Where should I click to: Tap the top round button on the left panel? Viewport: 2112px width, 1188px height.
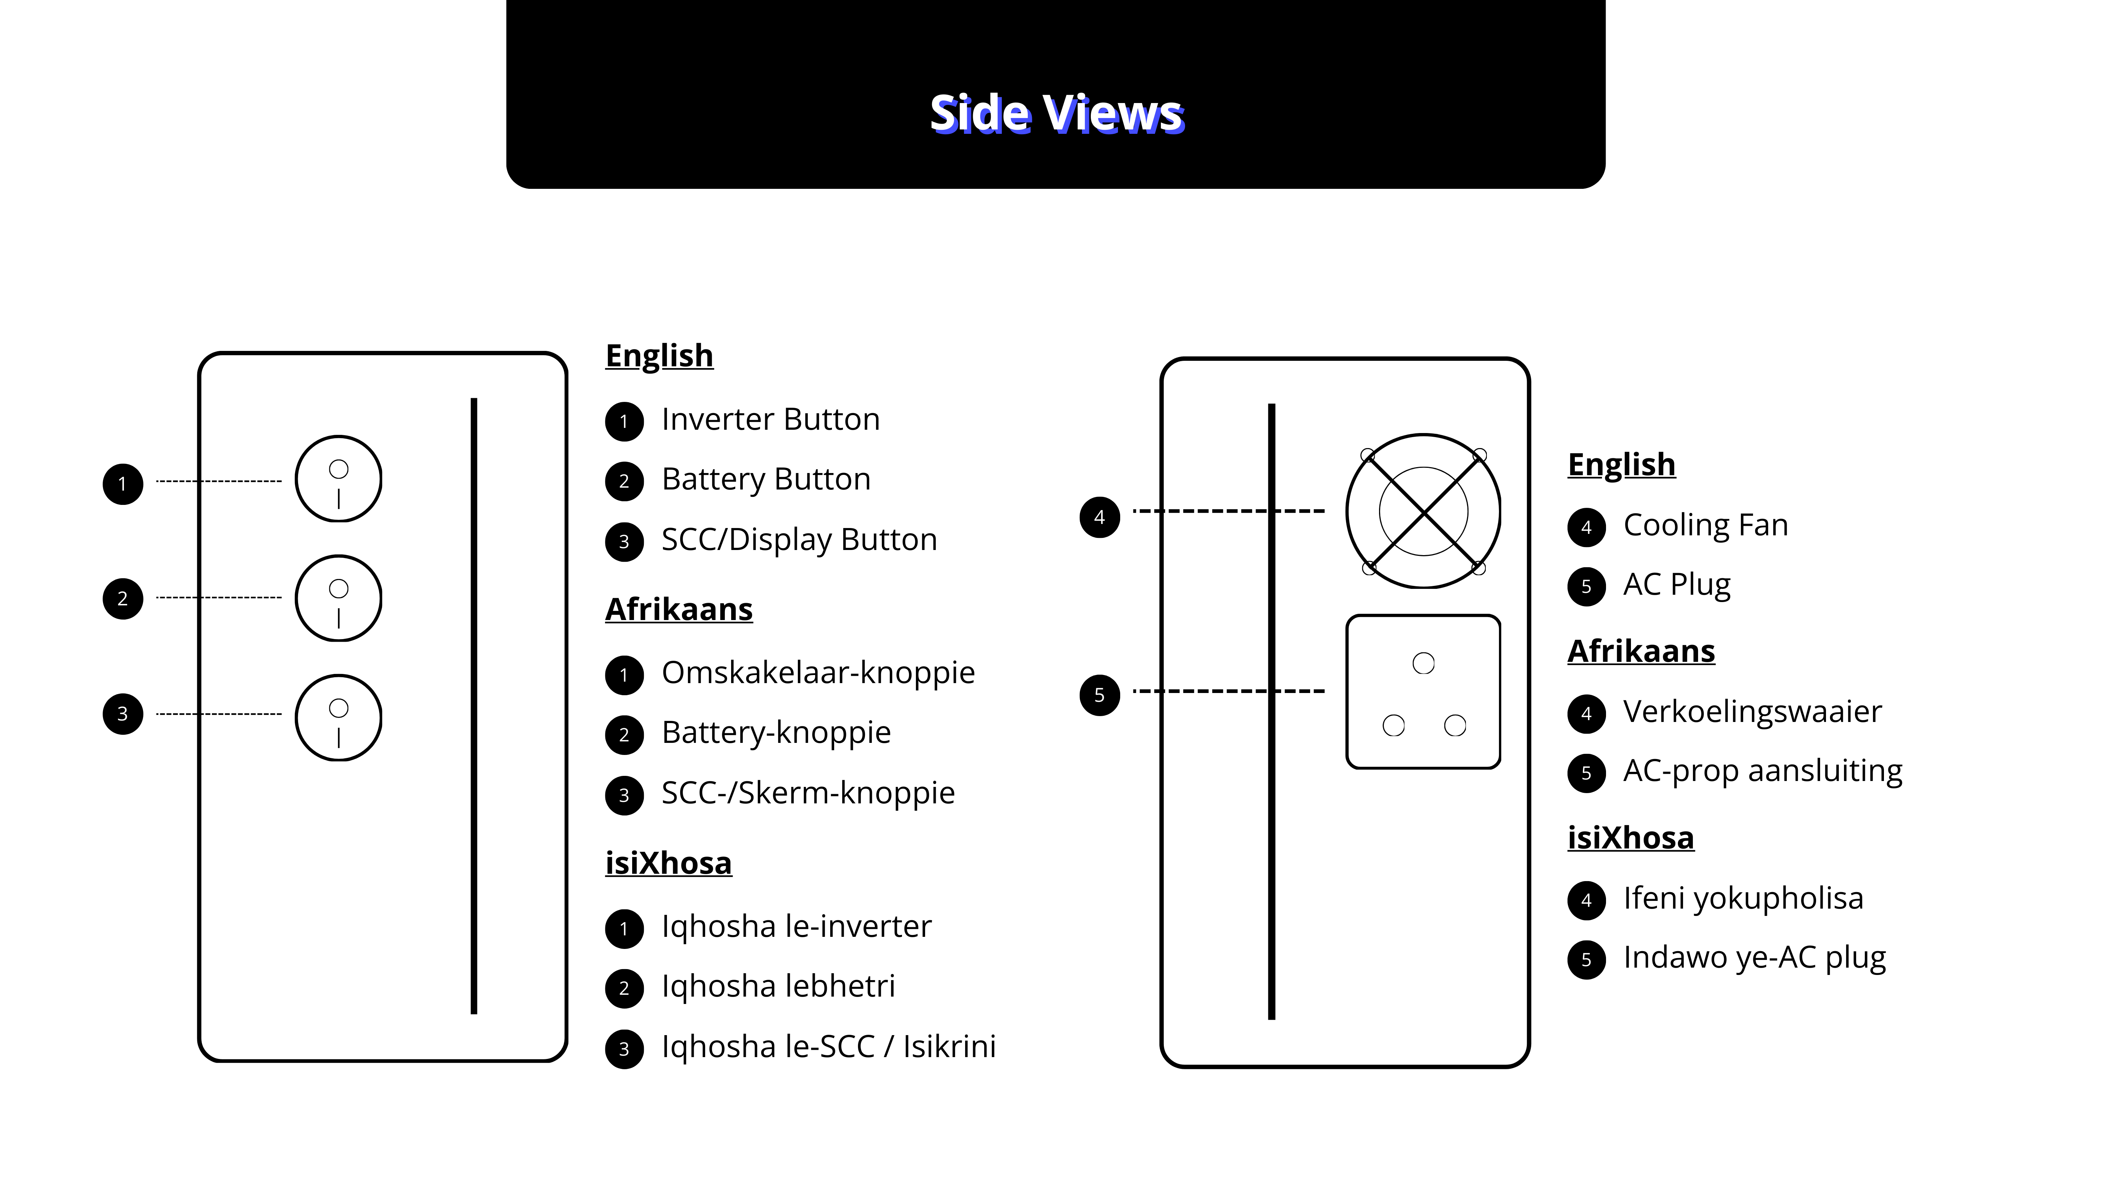point(338,479)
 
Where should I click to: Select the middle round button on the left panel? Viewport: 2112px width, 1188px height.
point(338,598)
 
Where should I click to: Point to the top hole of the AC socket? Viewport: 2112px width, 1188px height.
point(1423,663)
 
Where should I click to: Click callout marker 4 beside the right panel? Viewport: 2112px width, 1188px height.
point(1100,517)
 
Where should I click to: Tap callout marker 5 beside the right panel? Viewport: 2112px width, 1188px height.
point(1100,695)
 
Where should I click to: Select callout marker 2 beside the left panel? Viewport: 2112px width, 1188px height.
point(123,598)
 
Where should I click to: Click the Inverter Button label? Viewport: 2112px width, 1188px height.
point(771,420)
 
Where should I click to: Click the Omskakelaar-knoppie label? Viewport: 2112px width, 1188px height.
point(818,673)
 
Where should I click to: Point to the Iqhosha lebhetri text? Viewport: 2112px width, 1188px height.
point(778,986)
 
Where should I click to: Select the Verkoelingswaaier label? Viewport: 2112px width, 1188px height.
point(1752,712)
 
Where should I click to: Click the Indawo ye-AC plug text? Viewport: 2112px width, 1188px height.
point(1754,958)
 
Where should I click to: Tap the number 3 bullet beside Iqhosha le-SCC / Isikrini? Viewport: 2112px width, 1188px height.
point(624,1049)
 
